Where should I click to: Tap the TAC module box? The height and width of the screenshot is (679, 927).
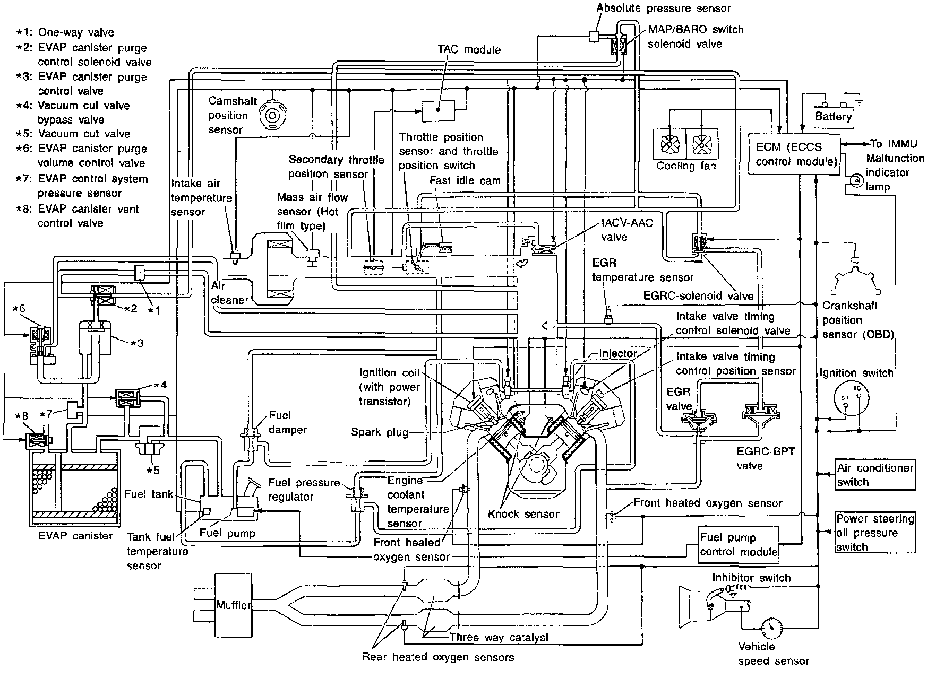[x=439, y=110]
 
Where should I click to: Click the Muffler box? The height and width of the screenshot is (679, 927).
[x=233, y=604]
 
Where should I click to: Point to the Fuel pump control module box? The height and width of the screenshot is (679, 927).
[x=739, y=545]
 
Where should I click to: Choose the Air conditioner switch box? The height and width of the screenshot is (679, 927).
[x=874, y=475]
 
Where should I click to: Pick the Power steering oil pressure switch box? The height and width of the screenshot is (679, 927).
[x=874, y=533]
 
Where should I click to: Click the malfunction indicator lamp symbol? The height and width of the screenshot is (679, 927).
[x=854, y=181]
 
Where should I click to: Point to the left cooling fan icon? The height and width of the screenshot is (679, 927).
[x=670, y=144]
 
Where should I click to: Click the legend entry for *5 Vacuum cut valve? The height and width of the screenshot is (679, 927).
[x=83, y=134]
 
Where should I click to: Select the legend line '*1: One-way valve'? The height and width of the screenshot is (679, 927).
[x=65, y=32]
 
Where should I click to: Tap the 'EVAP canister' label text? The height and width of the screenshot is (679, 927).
[x=75, y=536]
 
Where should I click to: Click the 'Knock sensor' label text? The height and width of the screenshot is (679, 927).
[x=523, y=513]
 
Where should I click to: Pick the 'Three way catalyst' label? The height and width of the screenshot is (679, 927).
[x=499, y=637]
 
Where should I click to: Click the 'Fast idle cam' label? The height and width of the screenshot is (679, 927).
[x=465, y=180]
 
